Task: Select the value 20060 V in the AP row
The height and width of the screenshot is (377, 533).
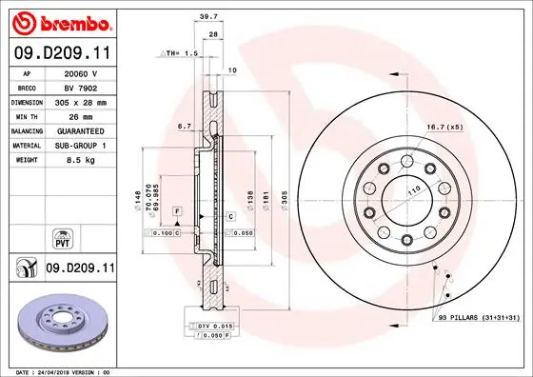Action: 81,71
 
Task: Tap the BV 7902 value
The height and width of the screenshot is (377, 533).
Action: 81,87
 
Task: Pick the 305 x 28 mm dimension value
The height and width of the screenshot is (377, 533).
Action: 81,101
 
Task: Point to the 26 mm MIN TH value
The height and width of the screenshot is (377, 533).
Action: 81,115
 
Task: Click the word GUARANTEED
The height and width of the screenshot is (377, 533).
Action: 81,130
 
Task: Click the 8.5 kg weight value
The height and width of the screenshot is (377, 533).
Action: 81,160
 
